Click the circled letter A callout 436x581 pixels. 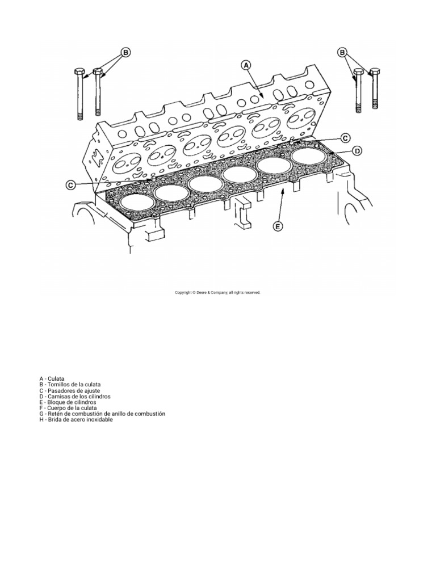click(246, 65)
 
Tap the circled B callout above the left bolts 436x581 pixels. click(125, 52)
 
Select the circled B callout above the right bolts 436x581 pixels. click(342, 52)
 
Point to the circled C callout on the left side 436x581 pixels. click(70, 185)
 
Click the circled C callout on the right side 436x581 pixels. click(345, 138)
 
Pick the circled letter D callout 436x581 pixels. click(357, 150)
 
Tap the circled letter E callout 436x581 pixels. click(278, 226)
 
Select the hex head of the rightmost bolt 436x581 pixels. click(375, 71)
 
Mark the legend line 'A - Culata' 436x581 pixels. click(52, 378)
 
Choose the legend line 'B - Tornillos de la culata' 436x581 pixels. click(69, 385)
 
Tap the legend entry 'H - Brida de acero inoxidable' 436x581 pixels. click(76, 420)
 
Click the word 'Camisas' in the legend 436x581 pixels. click(56, 396)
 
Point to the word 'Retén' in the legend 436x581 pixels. click(54, 414)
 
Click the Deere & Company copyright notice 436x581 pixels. click(217, 292)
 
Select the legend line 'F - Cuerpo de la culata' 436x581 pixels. click(68, 408)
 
